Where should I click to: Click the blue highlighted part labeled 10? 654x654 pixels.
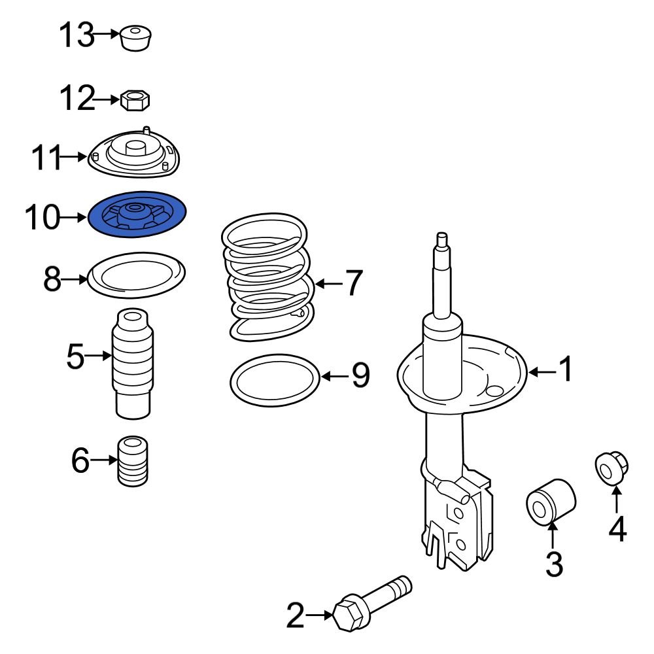pos(137,215)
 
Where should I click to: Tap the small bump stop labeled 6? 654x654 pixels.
pos(133,460)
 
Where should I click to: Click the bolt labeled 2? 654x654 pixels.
pos(370,600)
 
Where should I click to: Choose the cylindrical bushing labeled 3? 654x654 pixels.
pos(551,502)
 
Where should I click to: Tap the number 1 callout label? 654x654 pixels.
pos(565,370)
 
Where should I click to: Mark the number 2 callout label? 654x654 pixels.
pos(296,615)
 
